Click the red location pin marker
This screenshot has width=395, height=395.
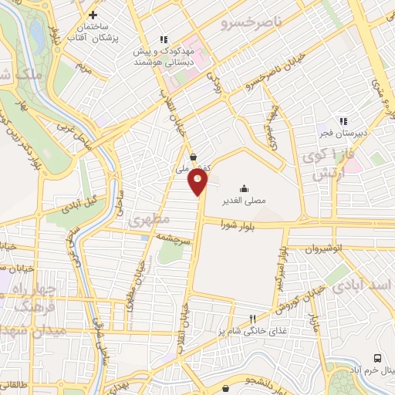click(198, 181)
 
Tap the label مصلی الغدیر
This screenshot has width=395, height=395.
click(244, 200)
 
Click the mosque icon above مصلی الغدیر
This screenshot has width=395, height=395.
click(244, 187)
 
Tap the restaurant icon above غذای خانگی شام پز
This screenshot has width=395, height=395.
click(252, 320)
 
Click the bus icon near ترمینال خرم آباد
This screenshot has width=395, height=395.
click(377, 358)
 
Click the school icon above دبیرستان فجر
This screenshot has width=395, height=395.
click(343, 121)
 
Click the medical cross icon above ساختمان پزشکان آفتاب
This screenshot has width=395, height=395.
click(93, 15)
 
